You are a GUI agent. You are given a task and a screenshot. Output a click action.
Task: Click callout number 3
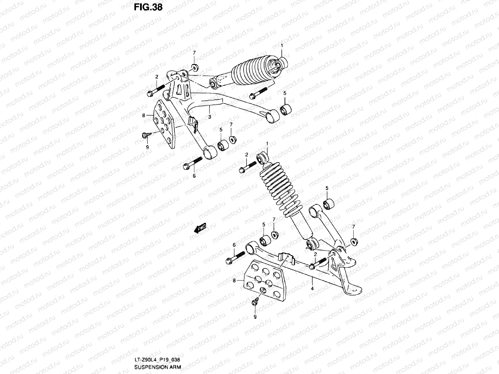pos(210,117)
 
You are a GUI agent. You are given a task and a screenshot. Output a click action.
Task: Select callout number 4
pos(312,289)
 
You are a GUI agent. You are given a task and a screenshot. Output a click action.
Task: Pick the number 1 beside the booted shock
pos(282,46)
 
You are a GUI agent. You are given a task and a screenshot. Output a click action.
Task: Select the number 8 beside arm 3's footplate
pos(144,115)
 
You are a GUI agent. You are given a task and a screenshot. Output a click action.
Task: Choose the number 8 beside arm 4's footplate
pos(234,281)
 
